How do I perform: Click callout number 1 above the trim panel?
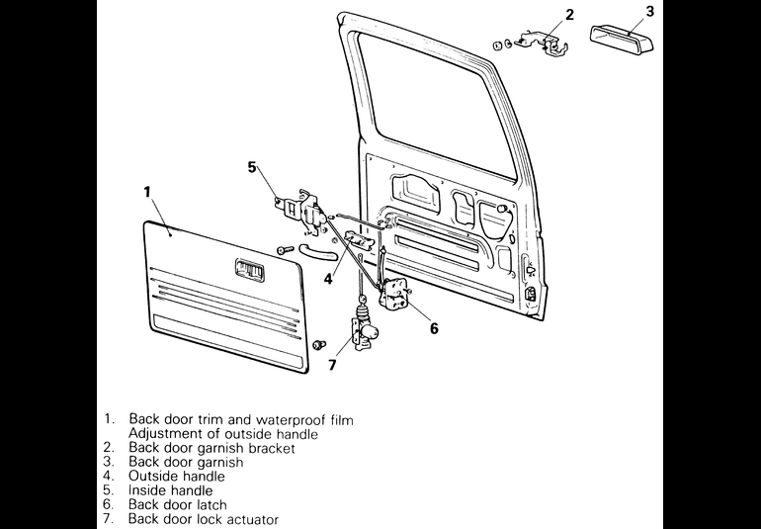point(147,192)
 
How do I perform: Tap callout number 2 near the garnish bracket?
point(570,15)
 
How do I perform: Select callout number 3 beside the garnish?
point(650,11)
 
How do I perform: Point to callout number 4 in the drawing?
point(328,279)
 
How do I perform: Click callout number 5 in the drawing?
point(252,167)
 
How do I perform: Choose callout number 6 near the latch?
point(434,329)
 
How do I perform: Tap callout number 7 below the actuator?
point(332,365)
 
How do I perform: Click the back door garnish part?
point(622,40)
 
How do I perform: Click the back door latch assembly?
point(395,295)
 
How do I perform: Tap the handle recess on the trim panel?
point(249,270)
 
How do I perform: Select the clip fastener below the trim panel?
point(319,344)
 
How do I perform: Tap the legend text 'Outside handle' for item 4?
point(177,476)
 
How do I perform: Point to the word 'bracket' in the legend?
point(272,447)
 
